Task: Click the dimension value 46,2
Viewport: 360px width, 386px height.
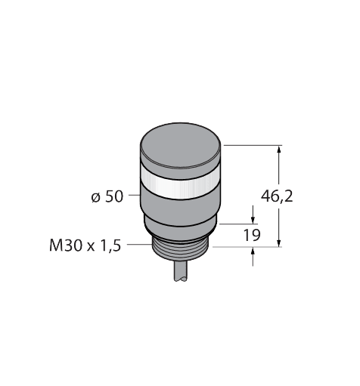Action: coord(276,197)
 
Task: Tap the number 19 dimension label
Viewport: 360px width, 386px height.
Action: coord(251,235)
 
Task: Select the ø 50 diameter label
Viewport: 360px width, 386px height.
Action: coord(107,198)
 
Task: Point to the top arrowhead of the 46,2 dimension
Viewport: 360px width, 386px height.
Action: coord(281,150)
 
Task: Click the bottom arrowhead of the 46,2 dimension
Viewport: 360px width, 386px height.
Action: coord(281,240)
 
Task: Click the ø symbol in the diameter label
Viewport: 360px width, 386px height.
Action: coord(95,198)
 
